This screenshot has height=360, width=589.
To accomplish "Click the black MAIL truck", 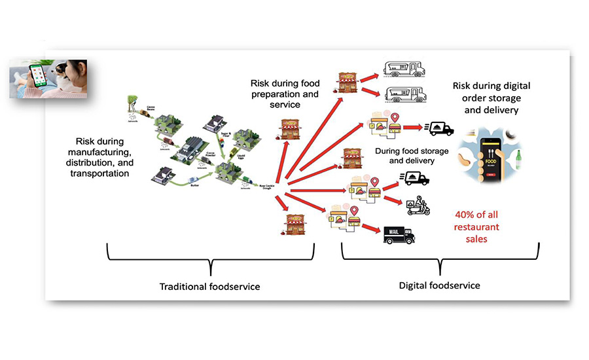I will click(x=399, y=235).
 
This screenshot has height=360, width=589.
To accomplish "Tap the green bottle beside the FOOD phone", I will click(x=519, y=158).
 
